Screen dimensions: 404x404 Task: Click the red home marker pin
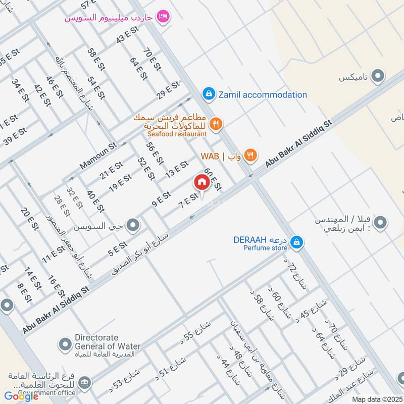(x=201, y=182)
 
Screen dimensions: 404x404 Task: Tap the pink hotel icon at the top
(x=163, y=17)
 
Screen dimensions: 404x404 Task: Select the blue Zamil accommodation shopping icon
(x=208, y=94)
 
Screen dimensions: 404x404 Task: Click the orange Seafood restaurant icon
(x=216, y=123)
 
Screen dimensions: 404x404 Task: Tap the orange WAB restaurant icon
(x=249, y=156)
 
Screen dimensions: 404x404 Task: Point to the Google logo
(x=21, y=396)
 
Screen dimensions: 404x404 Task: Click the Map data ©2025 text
(x=376, y=399)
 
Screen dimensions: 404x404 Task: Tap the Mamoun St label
(x=97, y=156)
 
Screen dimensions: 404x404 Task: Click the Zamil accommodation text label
(x=262, y=94)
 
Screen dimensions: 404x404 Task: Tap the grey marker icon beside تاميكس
(x=377, y=77)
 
